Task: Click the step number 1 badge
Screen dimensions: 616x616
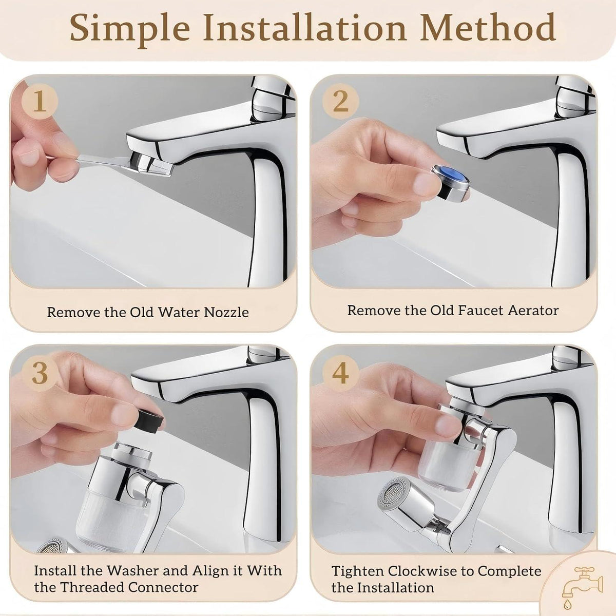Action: [40, 101]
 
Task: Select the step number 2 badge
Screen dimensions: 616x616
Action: [340, 101]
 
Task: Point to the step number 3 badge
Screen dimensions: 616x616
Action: [40, 373]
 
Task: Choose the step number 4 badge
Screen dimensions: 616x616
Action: [340, 373]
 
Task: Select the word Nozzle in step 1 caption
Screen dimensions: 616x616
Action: [226, 312]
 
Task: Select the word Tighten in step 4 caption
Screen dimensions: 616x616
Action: [358, 571]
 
